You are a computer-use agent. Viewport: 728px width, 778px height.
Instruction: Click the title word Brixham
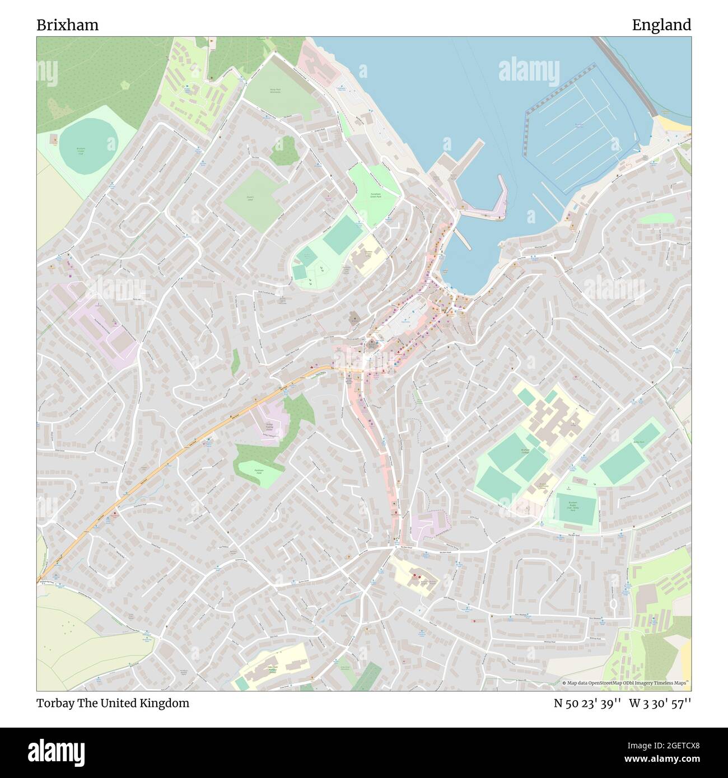[67, 25]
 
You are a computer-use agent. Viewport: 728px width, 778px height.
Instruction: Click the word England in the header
[661, 25]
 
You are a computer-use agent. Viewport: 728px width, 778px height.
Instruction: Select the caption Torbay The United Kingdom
[113, 704]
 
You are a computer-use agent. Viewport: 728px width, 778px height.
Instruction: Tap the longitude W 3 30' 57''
[661, 704]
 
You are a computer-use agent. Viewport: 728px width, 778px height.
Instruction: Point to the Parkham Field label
[259, 471]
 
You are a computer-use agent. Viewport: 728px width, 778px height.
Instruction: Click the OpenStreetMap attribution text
[626, 683]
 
